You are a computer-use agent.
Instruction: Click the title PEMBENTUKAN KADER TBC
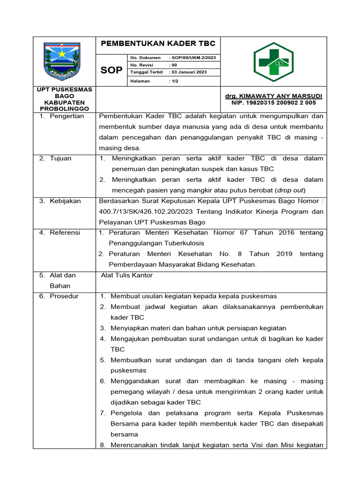[x=157, y=44]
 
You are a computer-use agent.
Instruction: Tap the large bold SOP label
[x=112, y=70]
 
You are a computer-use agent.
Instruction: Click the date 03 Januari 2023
[x=189, y=72]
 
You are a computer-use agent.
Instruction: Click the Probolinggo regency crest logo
[x=64, y=61]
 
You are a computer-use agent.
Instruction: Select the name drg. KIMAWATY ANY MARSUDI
[x=274, y=96]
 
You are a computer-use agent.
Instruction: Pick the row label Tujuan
[x=60, y=158]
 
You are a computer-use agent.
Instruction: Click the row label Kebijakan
[x=65, y=201]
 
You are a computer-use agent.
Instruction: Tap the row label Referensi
[x=65, y=232]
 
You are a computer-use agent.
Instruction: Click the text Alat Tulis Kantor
[x=127, y=275]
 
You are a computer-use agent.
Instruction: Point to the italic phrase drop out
[x=290, y=190]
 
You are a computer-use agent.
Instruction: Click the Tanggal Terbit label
[x=146, y=72]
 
